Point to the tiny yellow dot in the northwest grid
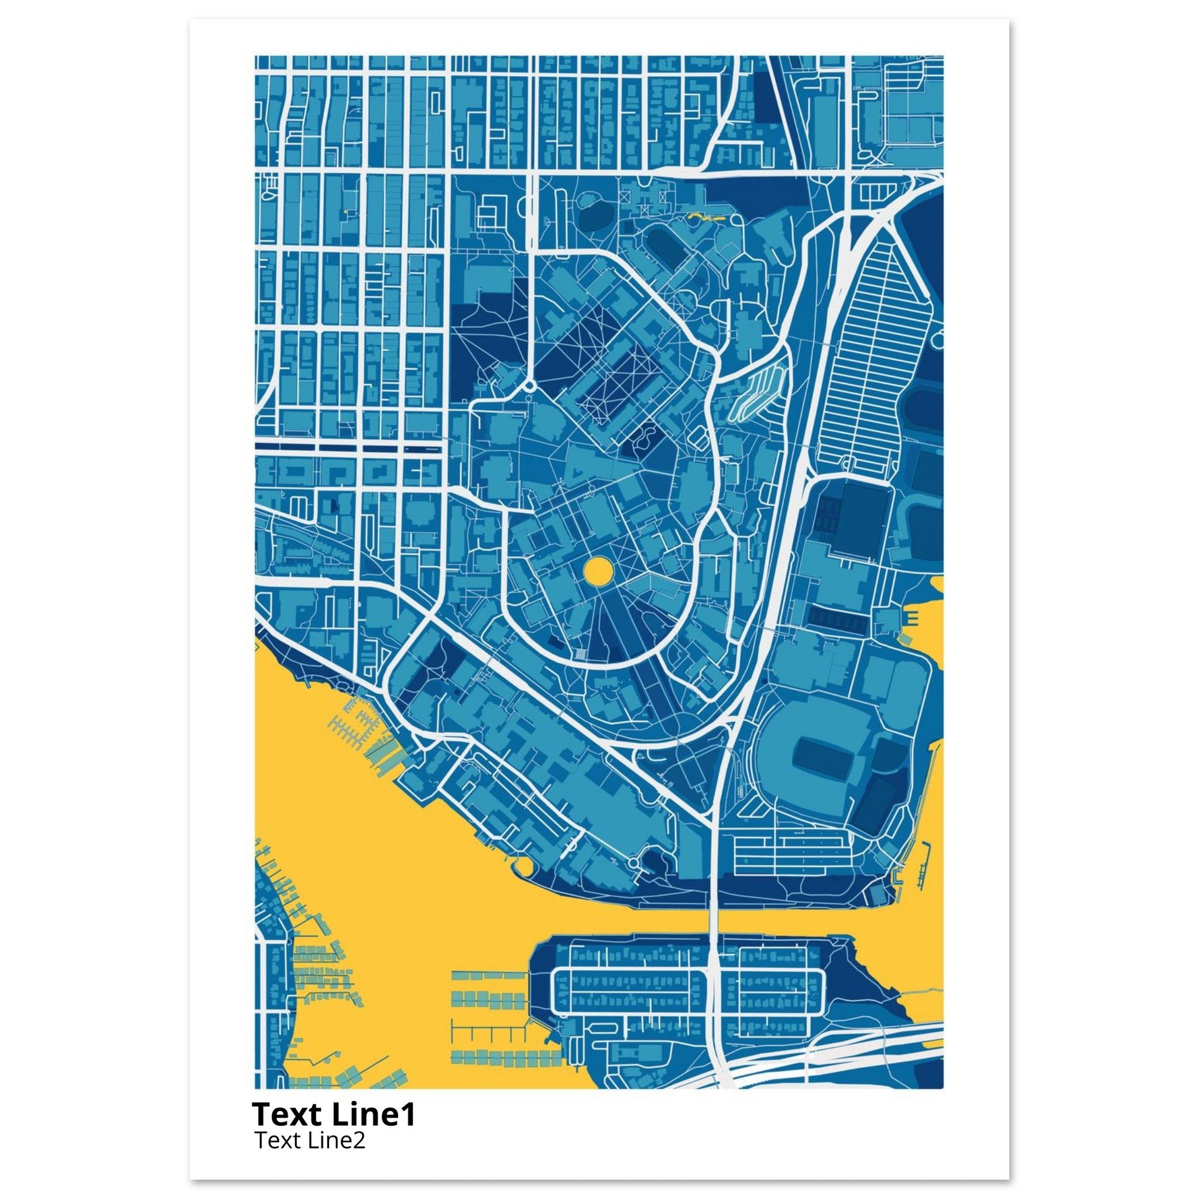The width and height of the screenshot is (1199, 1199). tap(344, 213)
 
